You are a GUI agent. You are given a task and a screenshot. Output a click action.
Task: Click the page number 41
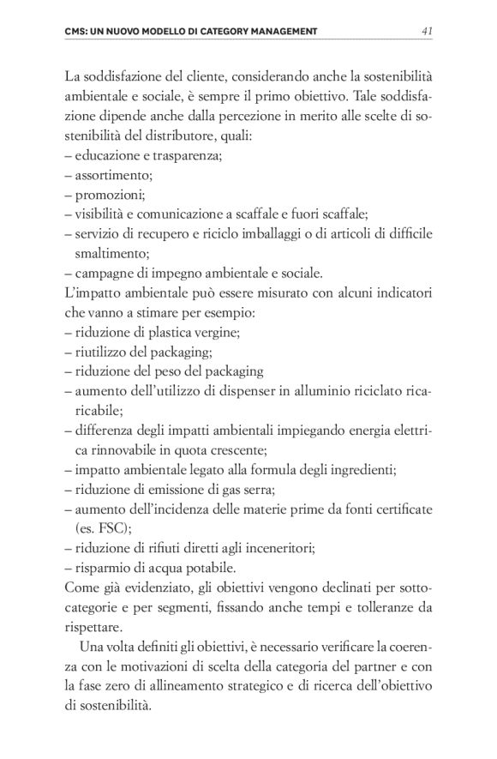coord(427,33)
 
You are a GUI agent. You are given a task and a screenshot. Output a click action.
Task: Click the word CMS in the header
coord(76,33)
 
